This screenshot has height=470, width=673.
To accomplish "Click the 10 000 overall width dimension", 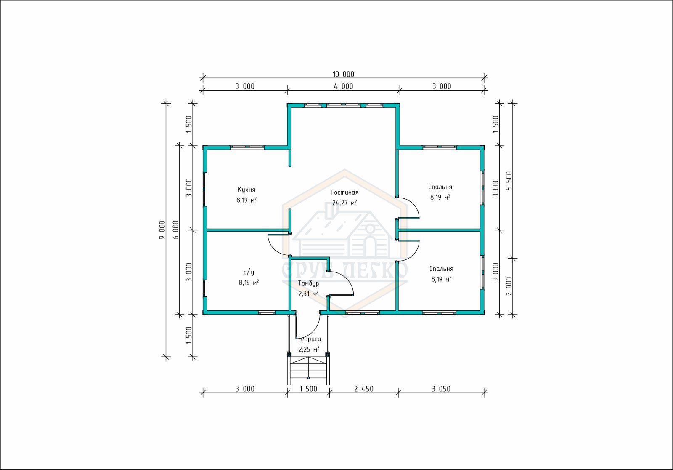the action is point(343,74).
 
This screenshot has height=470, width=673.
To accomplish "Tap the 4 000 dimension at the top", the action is point(343,87).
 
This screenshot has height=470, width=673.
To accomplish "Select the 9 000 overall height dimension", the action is point(162,230).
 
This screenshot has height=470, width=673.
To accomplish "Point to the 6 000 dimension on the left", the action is point(176,230).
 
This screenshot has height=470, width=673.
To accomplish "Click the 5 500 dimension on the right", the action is point(509,181).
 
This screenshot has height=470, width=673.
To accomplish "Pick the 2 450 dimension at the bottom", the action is point(363,389).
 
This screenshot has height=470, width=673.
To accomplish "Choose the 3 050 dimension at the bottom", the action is point(441,389).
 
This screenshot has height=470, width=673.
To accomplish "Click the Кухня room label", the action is point(246,190).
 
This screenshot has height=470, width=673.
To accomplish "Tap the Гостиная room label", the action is point(344,192).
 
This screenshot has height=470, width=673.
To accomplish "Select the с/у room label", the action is point(249,272).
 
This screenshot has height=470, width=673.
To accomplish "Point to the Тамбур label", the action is point(309,283).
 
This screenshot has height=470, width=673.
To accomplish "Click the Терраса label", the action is point(310,339).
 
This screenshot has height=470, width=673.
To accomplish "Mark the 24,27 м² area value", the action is point(344,203).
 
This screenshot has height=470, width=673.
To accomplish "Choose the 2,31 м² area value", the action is point(308,294).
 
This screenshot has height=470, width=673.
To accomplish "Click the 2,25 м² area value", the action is point(309,349).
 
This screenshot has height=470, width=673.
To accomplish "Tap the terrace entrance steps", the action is point(308,371).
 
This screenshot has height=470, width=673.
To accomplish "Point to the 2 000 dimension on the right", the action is point(509,286).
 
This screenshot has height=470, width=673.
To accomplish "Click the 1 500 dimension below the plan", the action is point(308,389).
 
